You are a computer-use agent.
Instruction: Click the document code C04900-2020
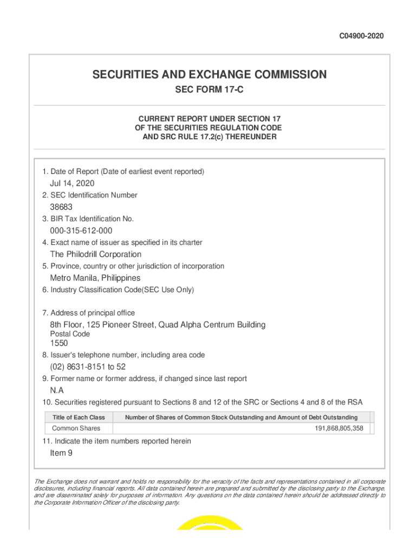point(361,36)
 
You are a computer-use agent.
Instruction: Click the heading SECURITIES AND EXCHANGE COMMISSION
point(209,75)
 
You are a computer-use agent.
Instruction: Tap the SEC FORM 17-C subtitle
point(209,90)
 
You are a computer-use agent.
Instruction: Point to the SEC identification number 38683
point(61,207)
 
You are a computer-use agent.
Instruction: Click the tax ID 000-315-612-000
point(81,231)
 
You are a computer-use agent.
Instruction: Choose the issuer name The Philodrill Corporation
point(96,254)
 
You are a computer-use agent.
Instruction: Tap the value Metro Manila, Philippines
point(95,278)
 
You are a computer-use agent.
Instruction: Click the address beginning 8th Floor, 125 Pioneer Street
point(158,325)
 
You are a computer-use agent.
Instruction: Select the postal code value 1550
point(59,343)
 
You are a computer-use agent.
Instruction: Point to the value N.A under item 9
point(57,390)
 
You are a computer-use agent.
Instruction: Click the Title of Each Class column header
point(79,417)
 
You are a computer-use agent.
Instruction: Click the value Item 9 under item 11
point(61,453)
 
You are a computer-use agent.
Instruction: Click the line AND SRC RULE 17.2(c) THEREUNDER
point(209,137)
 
